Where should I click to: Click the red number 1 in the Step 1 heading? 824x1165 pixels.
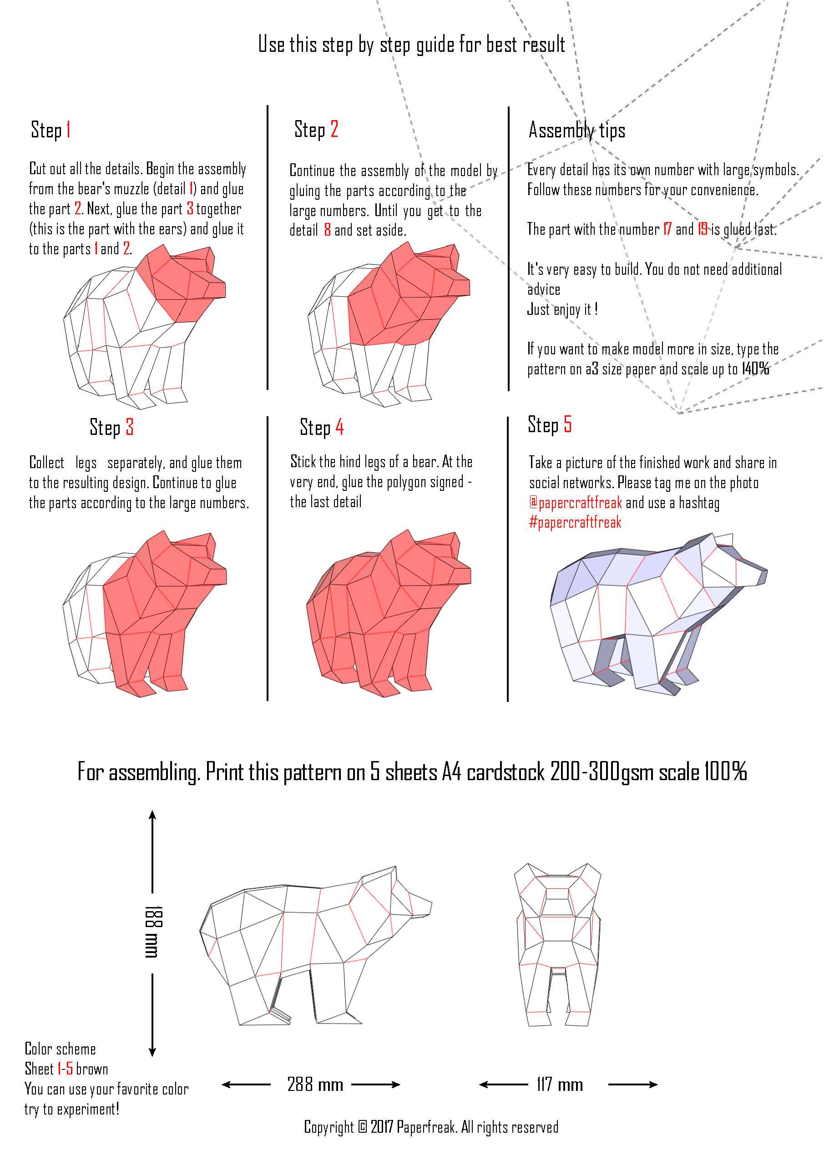[x=68, y=130]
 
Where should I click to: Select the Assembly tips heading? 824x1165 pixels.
[x=576, y=131]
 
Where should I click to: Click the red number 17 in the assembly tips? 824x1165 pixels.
[x=667, y=229]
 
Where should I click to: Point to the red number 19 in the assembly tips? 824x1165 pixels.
[x=702, y=229]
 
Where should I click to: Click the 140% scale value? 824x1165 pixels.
[x=755, y=369]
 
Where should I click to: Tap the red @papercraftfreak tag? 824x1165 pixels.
[x=576, y=503]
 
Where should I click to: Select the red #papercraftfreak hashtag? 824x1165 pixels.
[x=575, y=523]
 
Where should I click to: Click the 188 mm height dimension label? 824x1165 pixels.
[x=153, y=931]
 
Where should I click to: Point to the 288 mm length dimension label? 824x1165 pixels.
[x=315, y=1085]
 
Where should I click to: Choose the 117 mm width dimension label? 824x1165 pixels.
[x=560, y=1085]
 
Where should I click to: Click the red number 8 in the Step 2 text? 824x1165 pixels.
[x=327, y=230]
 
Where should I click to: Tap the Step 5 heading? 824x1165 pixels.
[x=550, y=425]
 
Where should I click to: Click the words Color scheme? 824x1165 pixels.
[x=60, y=1049]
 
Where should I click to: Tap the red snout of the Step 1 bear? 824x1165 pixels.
[x=216, y=289]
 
